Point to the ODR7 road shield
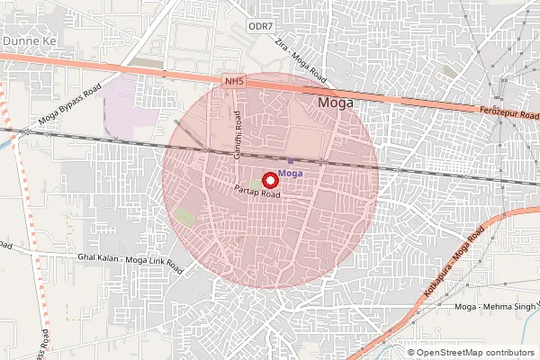click(260, 27)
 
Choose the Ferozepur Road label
click(508, 116)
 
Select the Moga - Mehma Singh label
click(495, 308)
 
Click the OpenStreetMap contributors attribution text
click(471, 353)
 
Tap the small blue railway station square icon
click(290, 160)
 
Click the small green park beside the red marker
click(256, 184)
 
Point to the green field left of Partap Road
click(185, 218)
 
